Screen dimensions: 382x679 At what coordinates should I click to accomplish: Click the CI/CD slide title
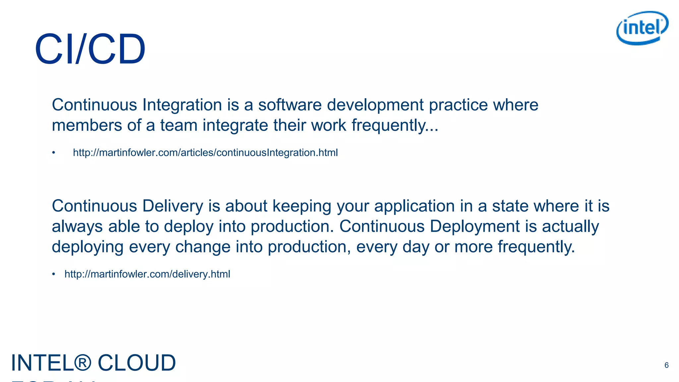point(90,49)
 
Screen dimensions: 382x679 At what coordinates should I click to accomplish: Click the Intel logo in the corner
point(642,28)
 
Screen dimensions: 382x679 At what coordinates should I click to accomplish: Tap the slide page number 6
point(666,365)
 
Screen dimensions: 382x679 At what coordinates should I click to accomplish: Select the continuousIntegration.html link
point(205,153)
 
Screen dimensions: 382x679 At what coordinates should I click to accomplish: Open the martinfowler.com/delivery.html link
point(147,274)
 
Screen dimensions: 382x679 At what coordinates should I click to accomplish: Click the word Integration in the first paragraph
point(182,105)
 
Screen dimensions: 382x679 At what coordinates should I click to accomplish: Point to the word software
point(290,105)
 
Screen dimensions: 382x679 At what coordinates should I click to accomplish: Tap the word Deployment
point(474,227)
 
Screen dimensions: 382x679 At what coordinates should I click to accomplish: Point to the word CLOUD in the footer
point(137,363)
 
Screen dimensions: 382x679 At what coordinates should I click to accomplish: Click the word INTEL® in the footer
point(51,363)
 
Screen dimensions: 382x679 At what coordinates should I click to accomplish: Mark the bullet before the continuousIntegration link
point(53,153)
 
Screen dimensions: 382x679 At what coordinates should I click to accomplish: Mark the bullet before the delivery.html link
point(53,274)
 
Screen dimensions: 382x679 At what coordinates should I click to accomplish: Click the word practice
point(458,105)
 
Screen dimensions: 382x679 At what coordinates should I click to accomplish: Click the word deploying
point(88,247)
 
